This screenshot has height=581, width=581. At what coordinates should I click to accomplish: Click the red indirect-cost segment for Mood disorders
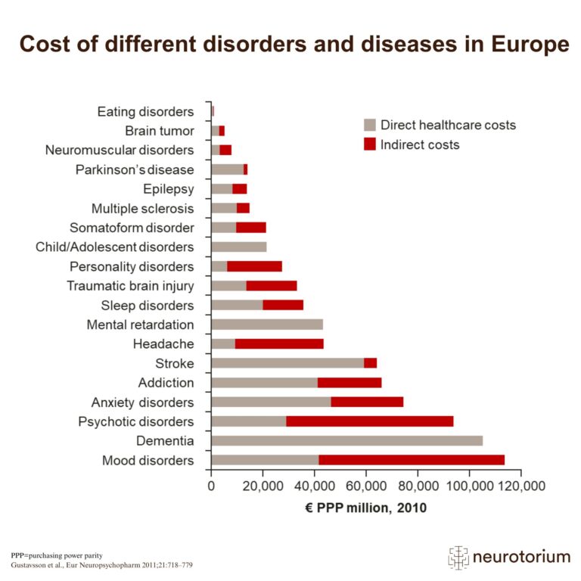click(411, 460)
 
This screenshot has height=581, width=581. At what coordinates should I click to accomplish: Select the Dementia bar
click(346, 440)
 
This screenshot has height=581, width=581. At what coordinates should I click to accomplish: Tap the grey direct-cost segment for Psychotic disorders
click(248, 421)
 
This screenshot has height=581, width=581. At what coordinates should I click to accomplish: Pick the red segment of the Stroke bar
click(370, 362)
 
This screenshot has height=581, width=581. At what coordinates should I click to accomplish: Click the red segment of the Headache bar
click(279, 343)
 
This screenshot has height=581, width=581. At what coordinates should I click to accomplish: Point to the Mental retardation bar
click(267, 325)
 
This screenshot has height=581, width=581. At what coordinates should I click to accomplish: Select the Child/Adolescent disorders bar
click(239, 247)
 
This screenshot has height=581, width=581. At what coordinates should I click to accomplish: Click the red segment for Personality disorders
click(254, 266)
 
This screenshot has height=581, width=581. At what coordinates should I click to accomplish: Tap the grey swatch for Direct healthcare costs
click(369, 125)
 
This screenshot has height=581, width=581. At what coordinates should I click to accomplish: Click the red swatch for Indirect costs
click(369, 144)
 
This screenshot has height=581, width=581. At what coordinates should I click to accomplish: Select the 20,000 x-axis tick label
click(263, 486)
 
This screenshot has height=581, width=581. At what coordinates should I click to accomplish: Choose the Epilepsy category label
click(168, 188)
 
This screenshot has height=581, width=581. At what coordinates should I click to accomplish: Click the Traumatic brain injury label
click(130, 286)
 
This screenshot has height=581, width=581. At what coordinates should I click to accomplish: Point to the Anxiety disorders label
click(142, 402)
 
